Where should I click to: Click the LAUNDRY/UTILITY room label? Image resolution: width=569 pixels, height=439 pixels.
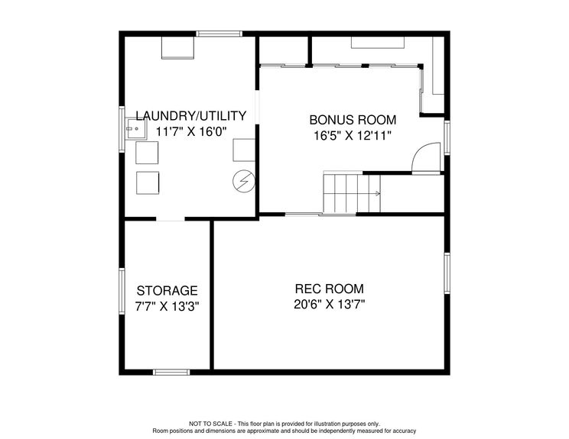point(191,116)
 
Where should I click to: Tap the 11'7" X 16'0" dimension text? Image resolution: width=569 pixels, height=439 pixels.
point(191,131)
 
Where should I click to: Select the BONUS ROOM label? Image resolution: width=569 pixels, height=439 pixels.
point(353,120)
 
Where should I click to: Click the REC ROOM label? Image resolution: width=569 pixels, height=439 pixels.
point(329,289)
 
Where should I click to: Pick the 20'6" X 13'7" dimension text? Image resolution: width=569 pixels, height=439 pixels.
point(329,304)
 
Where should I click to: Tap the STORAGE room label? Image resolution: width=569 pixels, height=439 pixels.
point(167,291)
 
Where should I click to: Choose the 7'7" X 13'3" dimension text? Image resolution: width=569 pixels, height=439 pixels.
point(167,306)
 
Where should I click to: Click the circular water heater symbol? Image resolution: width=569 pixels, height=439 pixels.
point(243,181)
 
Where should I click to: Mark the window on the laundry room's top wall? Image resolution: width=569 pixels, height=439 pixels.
point(219,33)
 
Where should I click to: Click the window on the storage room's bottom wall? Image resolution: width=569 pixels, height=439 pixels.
point(171,372)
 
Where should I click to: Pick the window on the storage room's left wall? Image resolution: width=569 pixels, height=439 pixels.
point(121,291)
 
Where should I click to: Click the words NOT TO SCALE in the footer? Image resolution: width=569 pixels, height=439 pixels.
point(210,424)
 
